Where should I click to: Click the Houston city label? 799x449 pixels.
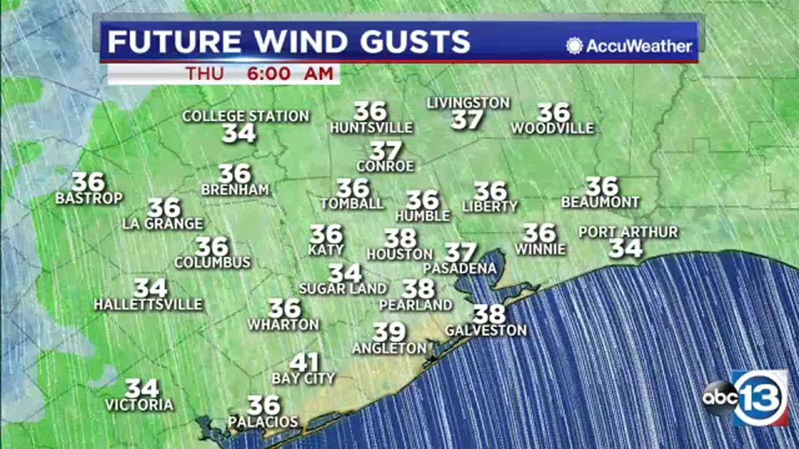click(399, 254)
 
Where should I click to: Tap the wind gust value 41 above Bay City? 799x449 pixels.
click(304, 363)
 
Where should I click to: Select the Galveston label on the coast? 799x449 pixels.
click(486, 330)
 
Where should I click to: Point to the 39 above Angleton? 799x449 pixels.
click(389, 332)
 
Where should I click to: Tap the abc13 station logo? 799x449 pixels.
click(746, 398)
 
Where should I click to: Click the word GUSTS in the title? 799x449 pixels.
click(415, 41)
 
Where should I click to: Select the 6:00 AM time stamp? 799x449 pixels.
click(290, 74)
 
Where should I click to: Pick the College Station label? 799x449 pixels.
click(246, 116)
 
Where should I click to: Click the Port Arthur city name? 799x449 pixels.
click(628, 232)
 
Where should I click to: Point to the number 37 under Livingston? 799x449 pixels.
click(467, 120)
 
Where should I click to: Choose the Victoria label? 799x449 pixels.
click(139, 405)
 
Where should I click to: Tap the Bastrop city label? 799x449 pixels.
click(89, 198)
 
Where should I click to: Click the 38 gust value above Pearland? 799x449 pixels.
click(418, 289)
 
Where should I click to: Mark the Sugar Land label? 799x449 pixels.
click(343, 288)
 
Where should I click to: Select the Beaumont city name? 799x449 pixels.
click(600, 202)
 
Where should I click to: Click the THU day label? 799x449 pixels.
click(205, 74)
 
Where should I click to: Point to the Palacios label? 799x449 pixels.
click(263, 422)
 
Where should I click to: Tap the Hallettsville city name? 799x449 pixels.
click(148, 304)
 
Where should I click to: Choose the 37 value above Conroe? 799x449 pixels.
click(386, 151)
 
